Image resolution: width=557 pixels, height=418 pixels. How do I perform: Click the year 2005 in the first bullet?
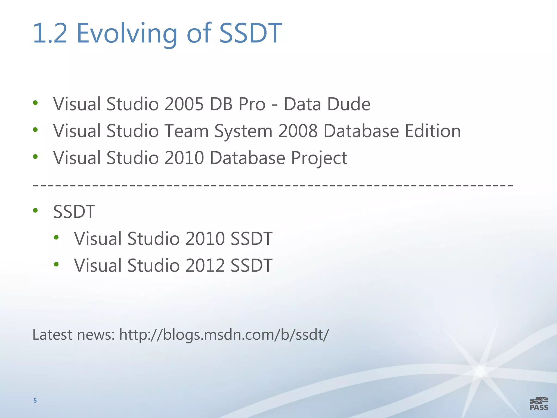pyautogui.click(x=184, y=104)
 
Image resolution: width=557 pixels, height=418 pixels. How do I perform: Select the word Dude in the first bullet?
pyautogui.click(x=349, y=104)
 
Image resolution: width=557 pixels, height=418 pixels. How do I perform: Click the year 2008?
pyautogui.click(x=298, y=131)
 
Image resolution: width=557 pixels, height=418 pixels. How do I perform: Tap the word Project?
pyautogui.click(x=319, y=158)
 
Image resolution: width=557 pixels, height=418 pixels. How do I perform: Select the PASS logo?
pyautogui.click(x=539, y=404)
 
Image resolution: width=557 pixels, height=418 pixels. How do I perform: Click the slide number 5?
pyautogui.click(x=35, y=401)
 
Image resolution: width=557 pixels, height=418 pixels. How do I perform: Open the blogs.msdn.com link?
pyautogui.click(x=224, y=335)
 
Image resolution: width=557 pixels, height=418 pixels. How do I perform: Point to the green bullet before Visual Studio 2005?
pyautogui.click(x=35, y=103)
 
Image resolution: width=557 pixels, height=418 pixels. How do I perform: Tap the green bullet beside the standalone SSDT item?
pyautogui.click(x=35, y=210)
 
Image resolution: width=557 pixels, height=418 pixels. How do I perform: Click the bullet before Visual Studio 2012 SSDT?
pyautogui.click(x=56, y=264)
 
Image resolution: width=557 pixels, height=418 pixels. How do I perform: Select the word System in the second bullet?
pyautogui.click(x=243, y=131)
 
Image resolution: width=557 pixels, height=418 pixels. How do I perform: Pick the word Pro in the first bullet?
pyautogui.click(x=252, y=104)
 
